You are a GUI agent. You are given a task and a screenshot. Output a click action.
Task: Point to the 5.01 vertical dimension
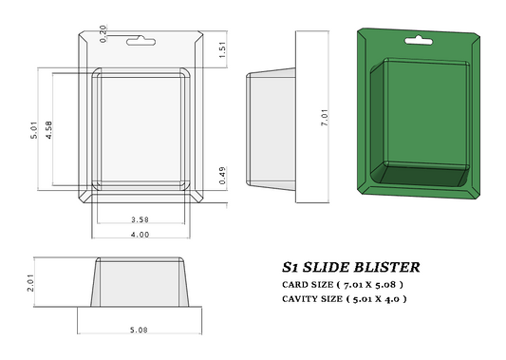pyautogui.click(x=33, y=130)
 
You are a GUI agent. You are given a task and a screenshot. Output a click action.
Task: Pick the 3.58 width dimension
pyautogui.click(x=140, y=220)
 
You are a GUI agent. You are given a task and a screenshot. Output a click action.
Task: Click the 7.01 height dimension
pyautogui.click(x=324, y=118)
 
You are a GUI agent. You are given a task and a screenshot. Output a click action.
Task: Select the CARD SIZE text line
pyautogui.click(x=343, y=284)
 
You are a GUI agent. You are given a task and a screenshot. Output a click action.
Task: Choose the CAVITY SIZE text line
pyautogui.click(x=345, y=298)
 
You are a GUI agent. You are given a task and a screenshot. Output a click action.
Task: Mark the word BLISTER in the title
pyautogui.click(x=386, y=268)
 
